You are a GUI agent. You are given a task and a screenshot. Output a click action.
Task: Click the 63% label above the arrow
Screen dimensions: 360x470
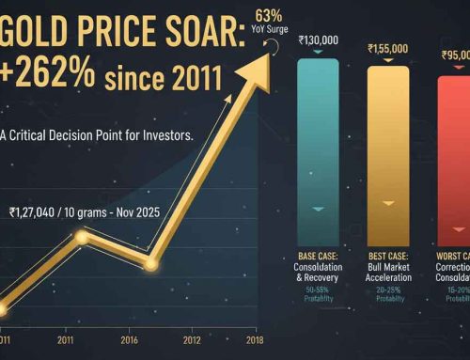(x=268, y=15)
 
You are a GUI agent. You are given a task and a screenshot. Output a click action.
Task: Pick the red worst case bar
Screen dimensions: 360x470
(x=455, y=150)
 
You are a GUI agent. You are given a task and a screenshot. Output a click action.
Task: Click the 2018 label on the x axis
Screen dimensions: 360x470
(x=252, y=339)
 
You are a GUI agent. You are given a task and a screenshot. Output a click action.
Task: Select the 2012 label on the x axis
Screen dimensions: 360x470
(x=191, y=339)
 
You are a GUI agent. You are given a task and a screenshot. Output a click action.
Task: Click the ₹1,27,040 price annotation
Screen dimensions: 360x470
(x=39, y=211)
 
